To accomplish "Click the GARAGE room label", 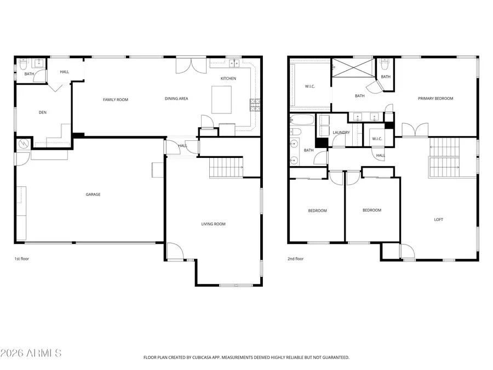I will (93, 194).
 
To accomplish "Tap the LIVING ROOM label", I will (213, 224).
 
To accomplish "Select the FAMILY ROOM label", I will (115, 99).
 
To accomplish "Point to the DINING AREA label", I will (176, 99).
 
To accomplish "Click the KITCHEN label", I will (228, 78).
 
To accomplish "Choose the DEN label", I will (42, 113).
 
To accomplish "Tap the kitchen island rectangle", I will (222, 100).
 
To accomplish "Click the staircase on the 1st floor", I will (226, 167).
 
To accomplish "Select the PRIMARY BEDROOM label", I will (435, 99).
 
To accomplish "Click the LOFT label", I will (438, 219).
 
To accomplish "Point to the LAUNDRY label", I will (341, 132).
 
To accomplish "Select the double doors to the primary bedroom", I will (415, 130).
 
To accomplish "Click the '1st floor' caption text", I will (21, 258).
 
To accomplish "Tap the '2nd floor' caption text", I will (295, 258).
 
